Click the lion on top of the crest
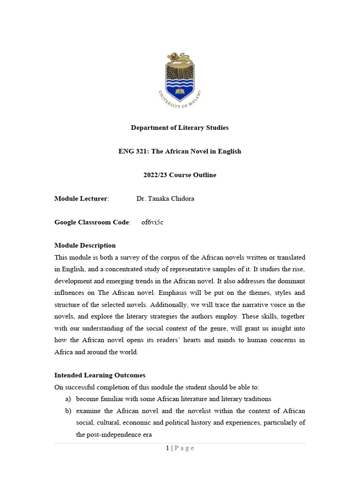(x=180, y=58)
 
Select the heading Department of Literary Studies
(x=180, y=127)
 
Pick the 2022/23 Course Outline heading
(x=180, y=175)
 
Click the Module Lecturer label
(x=81, y=198)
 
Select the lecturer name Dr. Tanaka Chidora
(x=165, y=198)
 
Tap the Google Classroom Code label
(x=92, y=222)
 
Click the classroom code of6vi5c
(x=152, y=222)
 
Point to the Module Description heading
(x=85, y=245)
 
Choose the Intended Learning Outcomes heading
(x=100, y=375)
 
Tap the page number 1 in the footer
(x=167, y=448)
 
